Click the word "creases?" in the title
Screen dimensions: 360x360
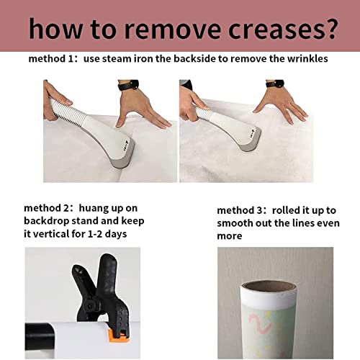pyautogui.click(x=282, y=29)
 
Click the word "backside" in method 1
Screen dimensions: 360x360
pyautogui.click(x=194, y=59)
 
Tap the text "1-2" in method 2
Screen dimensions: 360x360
pyautogui.click(x=95, y=234)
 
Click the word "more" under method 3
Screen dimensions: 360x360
pyautogui.click(x=230, y=236)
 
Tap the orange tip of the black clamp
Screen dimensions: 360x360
pyautogui.click(x=119, y=336)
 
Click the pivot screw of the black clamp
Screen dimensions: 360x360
pyautogui.click(x=91, y=306)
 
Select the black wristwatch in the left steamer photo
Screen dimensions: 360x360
pyautogui.click(x=128, y=85)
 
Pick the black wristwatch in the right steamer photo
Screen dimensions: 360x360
pyautogui.click(x=275, y=84)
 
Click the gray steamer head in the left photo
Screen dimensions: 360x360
pyautogui.click(x=124, y=157)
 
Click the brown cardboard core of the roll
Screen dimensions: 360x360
pyautogui.click(x=269, y=287)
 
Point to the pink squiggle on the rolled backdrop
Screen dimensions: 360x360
pyautogui.click(x=261, y=323)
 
